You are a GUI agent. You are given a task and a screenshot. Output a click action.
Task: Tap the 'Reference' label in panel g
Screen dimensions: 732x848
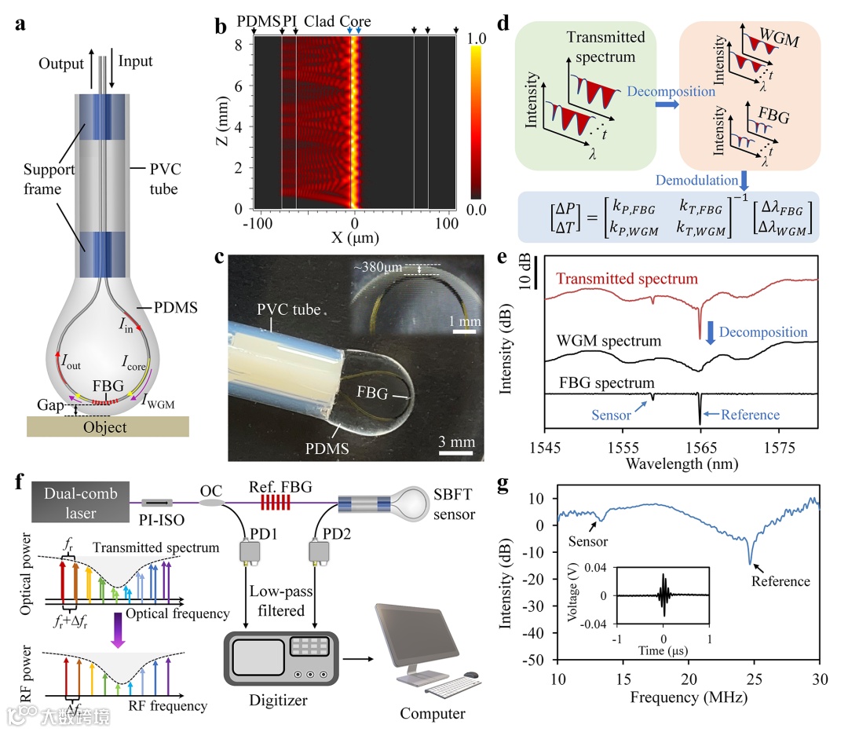[780, 581]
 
